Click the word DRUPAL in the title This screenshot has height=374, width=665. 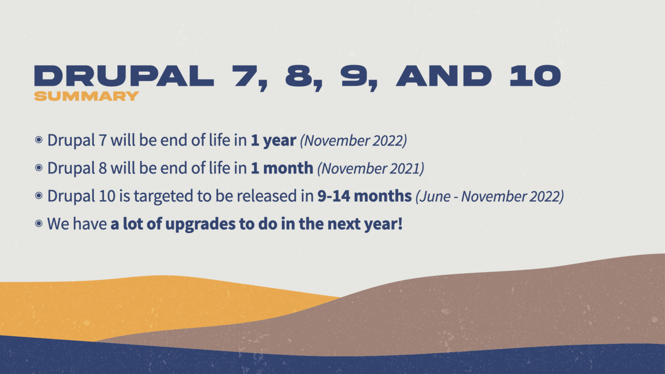point(124,76)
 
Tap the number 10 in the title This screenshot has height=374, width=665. point(535,76)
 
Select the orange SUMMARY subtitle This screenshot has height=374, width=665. point(86,96)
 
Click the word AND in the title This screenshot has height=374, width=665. point(444,76)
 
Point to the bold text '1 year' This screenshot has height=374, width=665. point(273,141)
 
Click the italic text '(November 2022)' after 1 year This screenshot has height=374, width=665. point(353,141)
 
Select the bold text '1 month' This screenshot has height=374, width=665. point(282,168)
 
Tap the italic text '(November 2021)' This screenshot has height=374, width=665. point(370,168)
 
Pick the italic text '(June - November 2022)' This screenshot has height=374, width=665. point(489,196)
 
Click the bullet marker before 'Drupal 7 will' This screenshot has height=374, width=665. point(39,140)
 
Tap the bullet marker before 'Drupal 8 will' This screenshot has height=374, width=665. point(39,168)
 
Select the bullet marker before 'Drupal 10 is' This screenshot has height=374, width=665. point(39,196)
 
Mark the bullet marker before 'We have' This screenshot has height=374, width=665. point(39,224)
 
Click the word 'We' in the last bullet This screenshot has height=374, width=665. point(58,224)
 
